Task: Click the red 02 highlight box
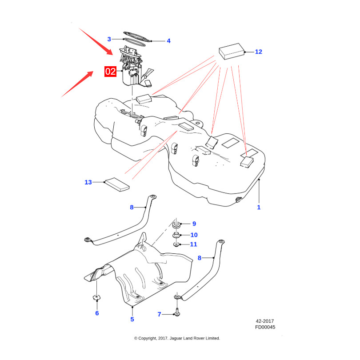[110, 72]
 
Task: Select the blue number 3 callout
[109, 39]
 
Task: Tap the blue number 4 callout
[168, 41]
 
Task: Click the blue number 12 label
[259, 52]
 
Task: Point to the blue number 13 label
[88, 182]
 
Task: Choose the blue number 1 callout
[259, 207]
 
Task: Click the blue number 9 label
[194, 224]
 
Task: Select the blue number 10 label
[194, 235]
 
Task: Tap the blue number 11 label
[193, 244]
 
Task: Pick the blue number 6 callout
[97, 313]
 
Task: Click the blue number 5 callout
[132, 320]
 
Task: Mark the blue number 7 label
[160, 314]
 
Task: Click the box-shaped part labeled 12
[232, 52]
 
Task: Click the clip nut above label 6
[96, 298]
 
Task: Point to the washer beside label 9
[176, 225]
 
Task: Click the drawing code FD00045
[265, 327]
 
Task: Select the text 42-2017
[265, 321]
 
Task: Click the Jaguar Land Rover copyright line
[177, 338]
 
